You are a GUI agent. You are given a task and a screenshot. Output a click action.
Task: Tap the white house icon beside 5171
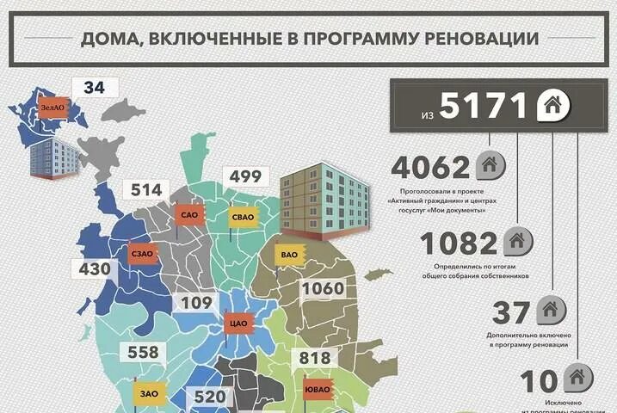(x=552, y=107)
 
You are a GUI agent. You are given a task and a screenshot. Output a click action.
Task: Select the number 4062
(x=430, y=166)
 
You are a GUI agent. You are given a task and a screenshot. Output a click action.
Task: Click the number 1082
(x=460, y=244)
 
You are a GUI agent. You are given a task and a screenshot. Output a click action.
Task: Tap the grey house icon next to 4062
(x=490, y=163)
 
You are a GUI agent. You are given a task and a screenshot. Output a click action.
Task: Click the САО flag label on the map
(x=189, y=214)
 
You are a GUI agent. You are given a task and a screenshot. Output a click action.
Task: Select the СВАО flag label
(x=241, y=217)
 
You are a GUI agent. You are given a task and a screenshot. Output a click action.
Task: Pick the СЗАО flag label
(x=140, y=255)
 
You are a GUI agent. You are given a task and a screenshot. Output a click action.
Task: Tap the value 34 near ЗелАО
(x=95, y=87)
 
